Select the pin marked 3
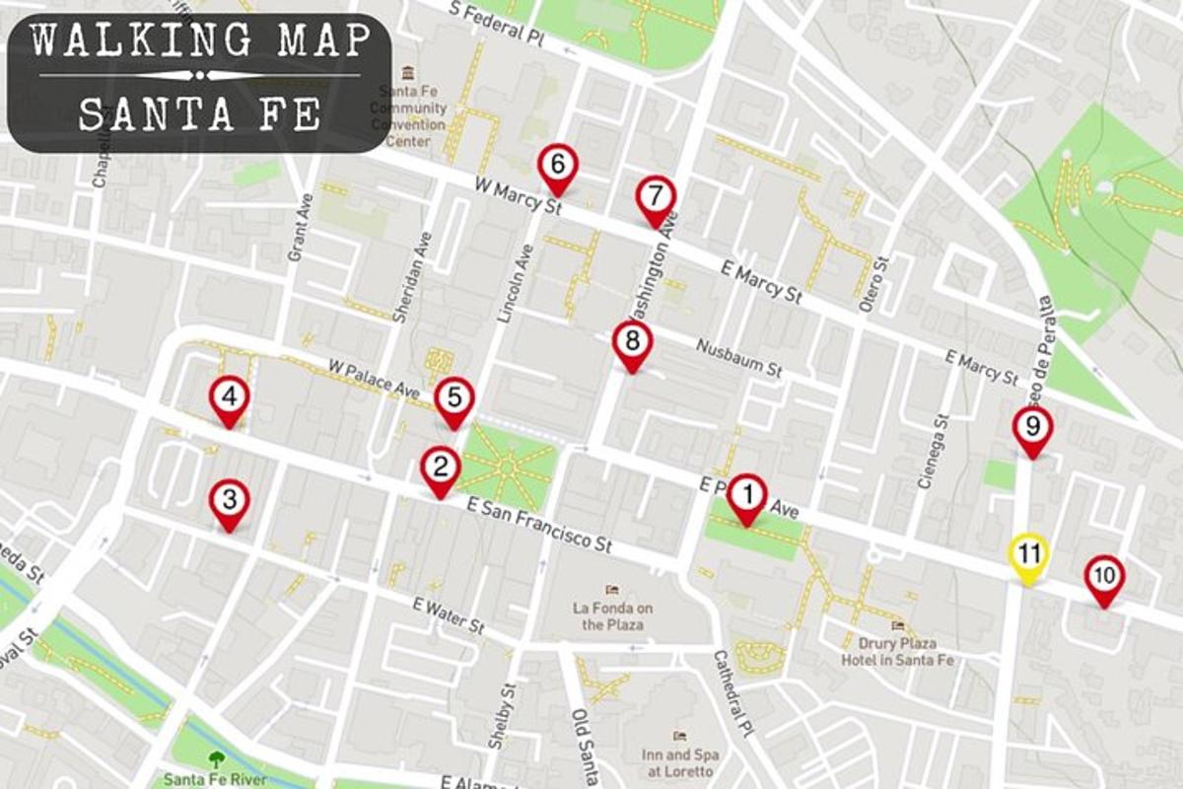(x=229, y=501)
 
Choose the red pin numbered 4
(x=229, y=398)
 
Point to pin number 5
(x=453, y=399)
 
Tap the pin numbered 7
(x=656, y=196)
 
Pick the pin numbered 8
(x=632, y=342)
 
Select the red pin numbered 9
(x=1032, y=428)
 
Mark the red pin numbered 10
(x=1104, y=576)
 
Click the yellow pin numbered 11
(x=1028, y=554)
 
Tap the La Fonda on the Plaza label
(x=613, y=615)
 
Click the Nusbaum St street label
(x=738, y=358)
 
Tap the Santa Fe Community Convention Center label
(x=408, y=116)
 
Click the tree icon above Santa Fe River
(x=216, y=758)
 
